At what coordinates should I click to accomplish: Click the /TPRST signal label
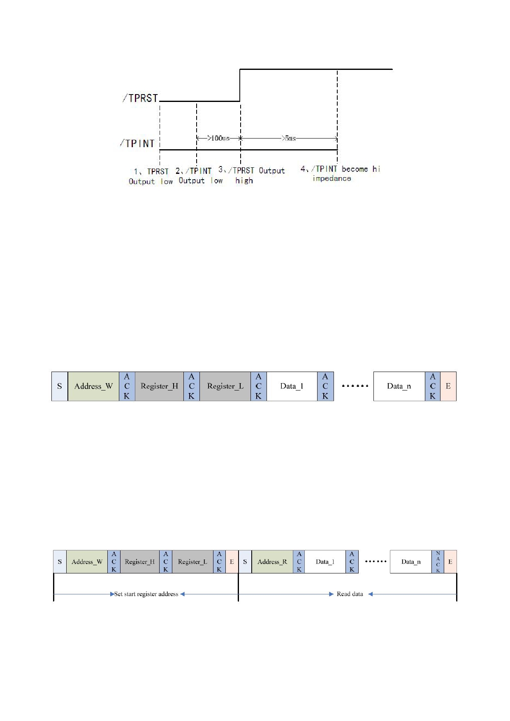(140, 98)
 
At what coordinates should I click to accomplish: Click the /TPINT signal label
(137, 143)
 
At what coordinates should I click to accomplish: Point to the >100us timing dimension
(218, 138)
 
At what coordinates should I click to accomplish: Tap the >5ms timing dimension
(289, 138)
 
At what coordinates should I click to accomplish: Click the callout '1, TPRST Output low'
(151, 176)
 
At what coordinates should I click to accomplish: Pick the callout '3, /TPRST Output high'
(252, 176)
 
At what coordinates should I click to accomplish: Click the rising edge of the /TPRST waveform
(240, 85)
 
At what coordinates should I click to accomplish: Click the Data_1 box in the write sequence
(292, 386)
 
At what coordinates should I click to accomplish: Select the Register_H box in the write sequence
(159, 386)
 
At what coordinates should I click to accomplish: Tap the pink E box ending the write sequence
(448, 386)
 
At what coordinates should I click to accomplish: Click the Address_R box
(272, 562)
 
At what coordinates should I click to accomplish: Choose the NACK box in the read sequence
(438, 562)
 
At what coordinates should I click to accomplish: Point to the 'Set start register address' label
(146, 594)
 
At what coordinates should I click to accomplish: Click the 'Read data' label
(350, 594)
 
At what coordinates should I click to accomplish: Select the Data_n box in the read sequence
(411, 562)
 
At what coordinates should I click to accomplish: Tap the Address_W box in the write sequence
(93, 386)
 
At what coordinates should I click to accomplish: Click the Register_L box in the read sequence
(192, 562)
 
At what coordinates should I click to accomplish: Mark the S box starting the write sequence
(60, 386)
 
